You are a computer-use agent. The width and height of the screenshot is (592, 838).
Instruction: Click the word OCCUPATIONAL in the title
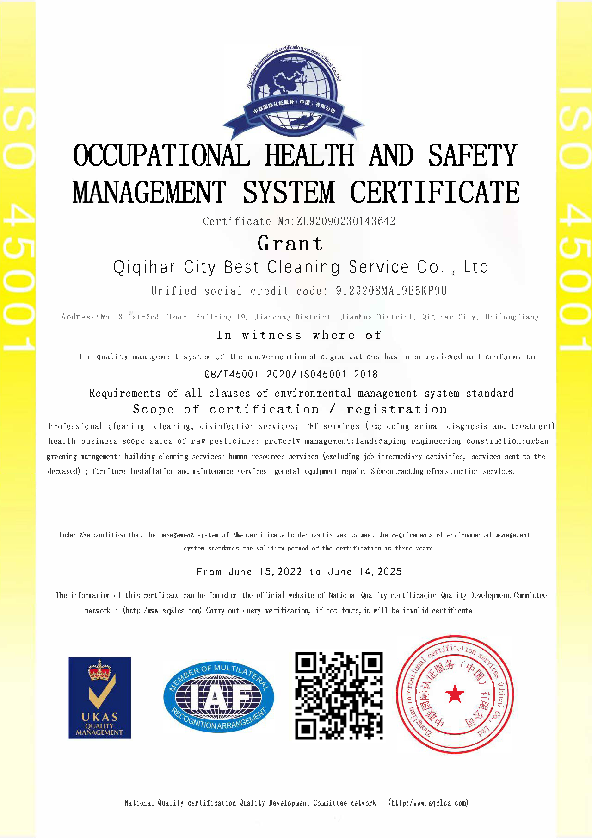161,155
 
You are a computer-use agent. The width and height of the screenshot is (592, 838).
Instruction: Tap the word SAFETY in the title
472,155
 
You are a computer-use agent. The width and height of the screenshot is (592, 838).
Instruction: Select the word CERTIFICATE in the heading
435,192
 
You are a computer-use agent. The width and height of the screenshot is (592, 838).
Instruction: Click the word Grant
290,244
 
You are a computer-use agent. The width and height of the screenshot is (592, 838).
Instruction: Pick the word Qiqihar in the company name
144,267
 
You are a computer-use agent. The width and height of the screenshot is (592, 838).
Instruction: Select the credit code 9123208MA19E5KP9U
391,291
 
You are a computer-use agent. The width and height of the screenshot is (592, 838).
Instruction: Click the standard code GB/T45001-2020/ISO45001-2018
291,374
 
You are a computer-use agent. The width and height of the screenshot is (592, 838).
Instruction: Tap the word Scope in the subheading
153,409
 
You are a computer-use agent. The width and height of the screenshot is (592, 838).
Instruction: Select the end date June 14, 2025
365,572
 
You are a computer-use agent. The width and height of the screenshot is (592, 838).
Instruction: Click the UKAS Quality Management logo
100,698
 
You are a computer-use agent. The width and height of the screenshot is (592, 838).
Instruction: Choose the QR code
339,696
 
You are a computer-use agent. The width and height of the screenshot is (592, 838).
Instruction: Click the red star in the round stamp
455,694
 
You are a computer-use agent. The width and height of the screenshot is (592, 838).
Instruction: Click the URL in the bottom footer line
429,803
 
